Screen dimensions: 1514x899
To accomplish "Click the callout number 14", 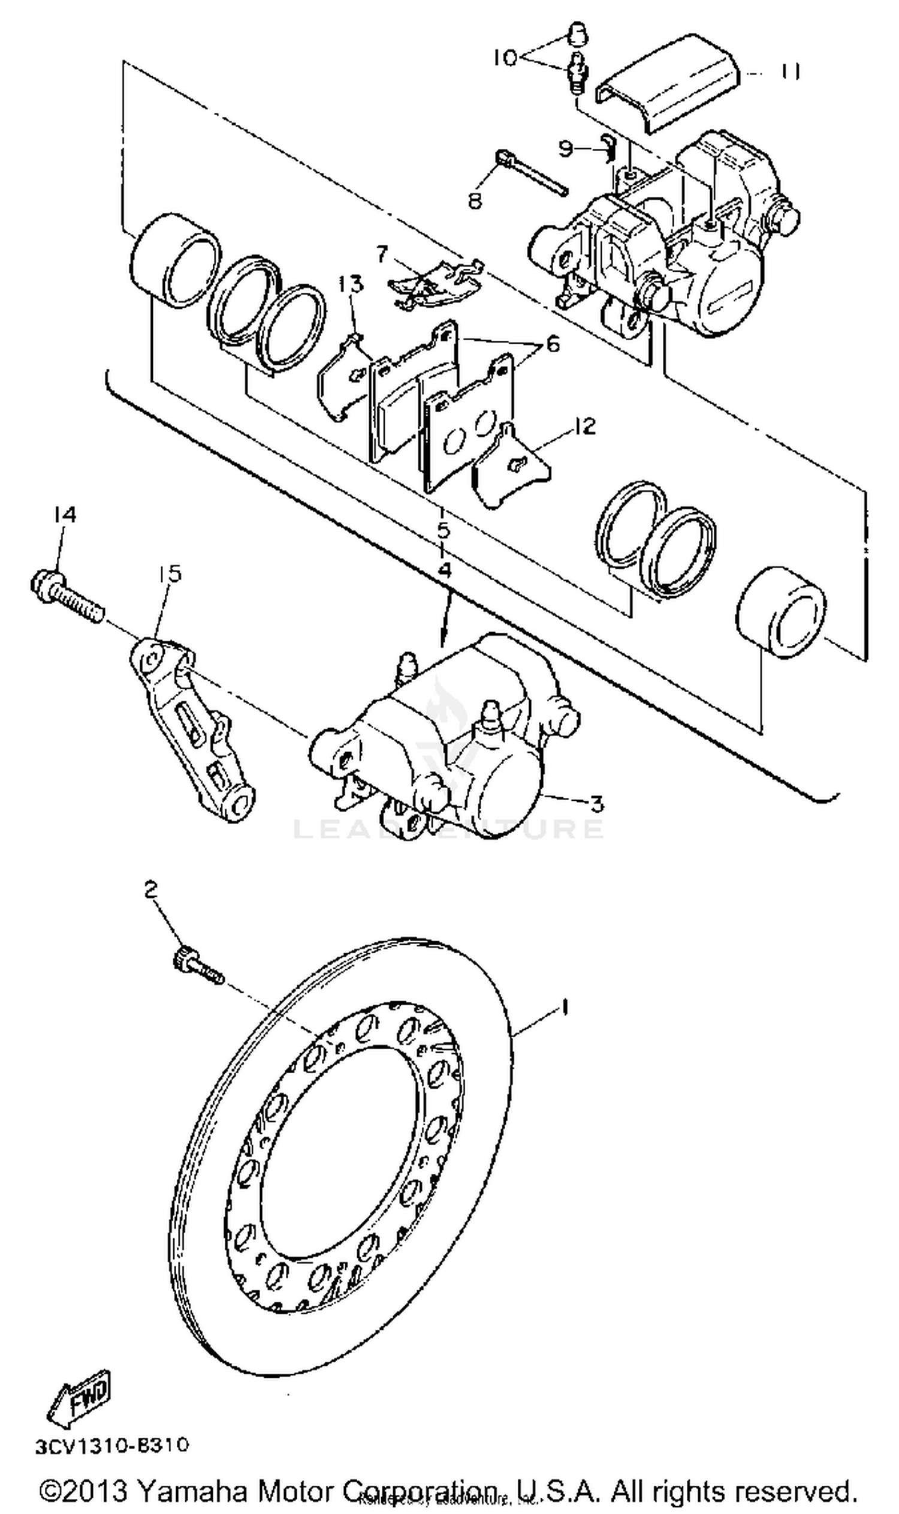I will [64, 515].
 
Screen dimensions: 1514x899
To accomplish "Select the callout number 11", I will [789, 71].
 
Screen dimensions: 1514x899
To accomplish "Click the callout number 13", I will [351, 284].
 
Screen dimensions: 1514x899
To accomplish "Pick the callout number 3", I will [597, 804].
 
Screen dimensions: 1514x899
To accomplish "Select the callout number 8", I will [475, 200].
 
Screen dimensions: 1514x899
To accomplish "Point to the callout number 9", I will [565, 148].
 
